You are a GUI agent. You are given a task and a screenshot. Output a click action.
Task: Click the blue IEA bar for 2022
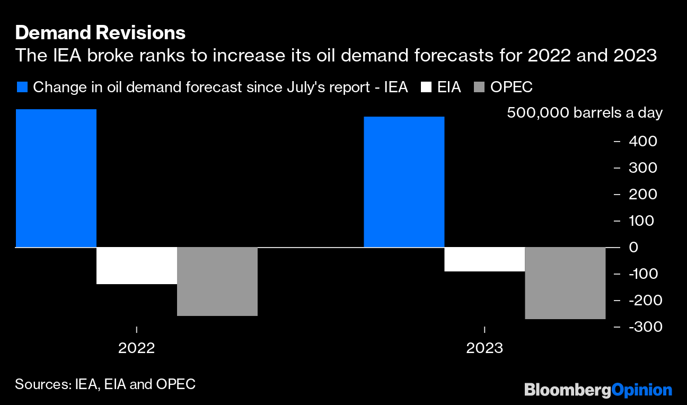coord(56,178)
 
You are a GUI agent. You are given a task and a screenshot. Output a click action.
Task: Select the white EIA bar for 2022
coord(137,266)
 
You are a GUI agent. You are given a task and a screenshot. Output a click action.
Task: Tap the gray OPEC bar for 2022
coord(217,281)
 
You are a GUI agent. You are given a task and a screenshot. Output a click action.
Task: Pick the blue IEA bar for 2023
coord(404,182)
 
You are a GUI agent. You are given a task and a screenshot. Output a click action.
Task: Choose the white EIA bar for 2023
coord(485,259)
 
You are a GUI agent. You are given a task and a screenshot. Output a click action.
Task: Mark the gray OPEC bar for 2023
coord(565,283)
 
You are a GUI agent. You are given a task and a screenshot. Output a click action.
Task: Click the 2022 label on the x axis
coord(137,348)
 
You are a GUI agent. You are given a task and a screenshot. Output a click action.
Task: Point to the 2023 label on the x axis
coord(485,348)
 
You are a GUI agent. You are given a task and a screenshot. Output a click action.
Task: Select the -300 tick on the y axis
coord(642,327)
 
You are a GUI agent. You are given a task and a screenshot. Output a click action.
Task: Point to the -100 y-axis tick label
coord(642,274)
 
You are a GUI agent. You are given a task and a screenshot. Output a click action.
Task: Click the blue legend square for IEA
coord(22,87)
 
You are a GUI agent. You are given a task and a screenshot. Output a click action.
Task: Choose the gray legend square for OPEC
coord(478,87)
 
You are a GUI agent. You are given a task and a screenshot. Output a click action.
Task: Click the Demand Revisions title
coord(100,33)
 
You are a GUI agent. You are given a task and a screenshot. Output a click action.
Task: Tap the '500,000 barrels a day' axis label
coord(585,113)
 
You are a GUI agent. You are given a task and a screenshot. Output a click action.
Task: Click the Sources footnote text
coord(105,384)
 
